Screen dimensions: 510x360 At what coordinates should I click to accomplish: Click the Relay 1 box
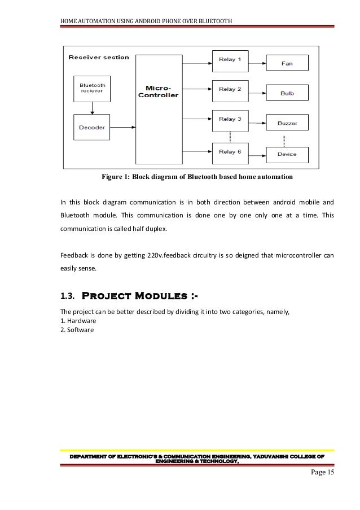pyautogui.click(x=230, y=59)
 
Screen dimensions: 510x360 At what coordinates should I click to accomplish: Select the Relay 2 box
pyautogui.click(x=230, y=89)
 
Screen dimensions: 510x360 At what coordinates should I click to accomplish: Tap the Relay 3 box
pyautogui.click(x=230, y=120)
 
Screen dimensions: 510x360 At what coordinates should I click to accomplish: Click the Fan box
pyautogui.click(x=287, y=63)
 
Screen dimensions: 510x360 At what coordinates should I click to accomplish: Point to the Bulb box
pyautogui.click(x=287, y=93)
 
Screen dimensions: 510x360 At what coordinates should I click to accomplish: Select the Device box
pyautogui.click(x=287, y=154)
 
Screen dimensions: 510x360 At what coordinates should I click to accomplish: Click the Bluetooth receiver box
pyautogui.click(x=91, y=89)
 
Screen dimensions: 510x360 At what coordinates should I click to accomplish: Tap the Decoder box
pyautogui.click(x=91, y=127)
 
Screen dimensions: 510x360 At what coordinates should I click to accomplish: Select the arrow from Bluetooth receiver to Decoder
pyautogui.click(x=91, y=108)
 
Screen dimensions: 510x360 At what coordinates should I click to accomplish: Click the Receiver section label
pyautogui.click(x=99, y=57)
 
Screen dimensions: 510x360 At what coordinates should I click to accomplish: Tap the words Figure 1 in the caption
pyautogui.click(x=115, y=178)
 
